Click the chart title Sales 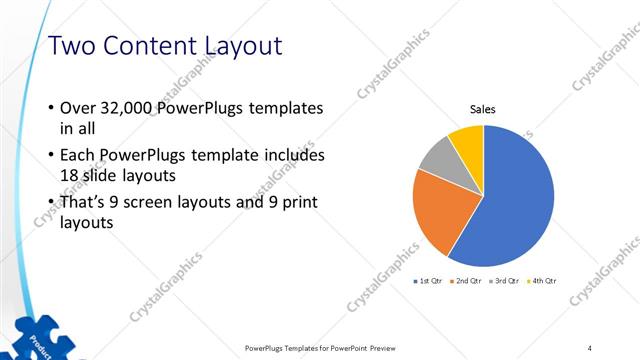pos(483,110)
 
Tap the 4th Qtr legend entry pos(544,281)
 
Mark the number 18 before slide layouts pos(71,175)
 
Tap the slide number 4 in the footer pos(589,348)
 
